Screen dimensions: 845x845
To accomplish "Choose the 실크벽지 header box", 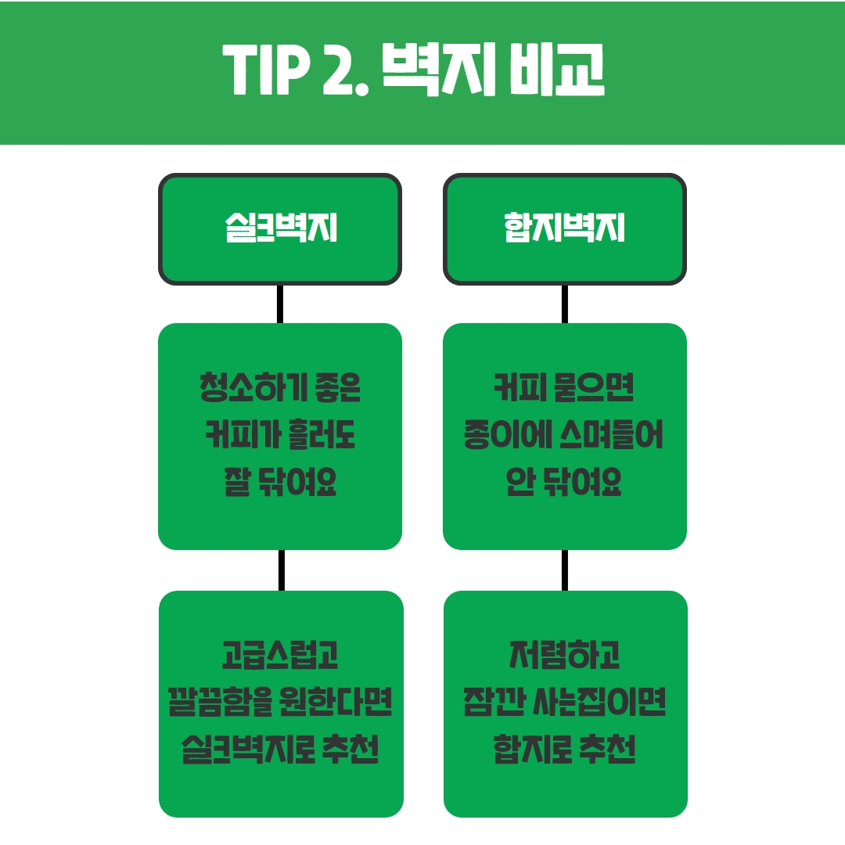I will (x=280, y=228).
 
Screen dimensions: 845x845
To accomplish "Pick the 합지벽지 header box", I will (x=565, y=228).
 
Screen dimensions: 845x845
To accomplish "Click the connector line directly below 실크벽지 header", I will (x=280, y=304).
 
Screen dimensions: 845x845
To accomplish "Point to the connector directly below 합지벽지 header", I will (x=565, y=304).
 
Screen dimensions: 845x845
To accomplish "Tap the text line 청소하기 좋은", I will (x=280, y=389).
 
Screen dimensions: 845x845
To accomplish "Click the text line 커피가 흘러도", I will (x=280, y=437).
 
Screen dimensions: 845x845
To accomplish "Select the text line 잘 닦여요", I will (x=280, y=484).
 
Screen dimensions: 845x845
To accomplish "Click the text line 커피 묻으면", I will (x=565, y=389).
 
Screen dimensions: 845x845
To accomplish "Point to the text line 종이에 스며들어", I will (x=565, y=437).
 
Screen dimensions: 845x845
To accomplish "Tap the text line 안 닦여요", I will (x=565, y=484).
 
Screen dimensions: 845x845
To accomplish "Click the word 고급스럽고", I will (x=280, y=656).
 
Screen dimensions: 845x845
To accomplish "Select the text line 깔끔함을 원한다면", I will (x=280, y=703).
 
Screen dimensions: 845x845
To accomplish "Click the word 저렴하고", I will (x=565, y=656).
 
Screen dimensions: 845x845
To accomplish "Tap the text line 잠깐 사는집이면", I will (x=565, y=703).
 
